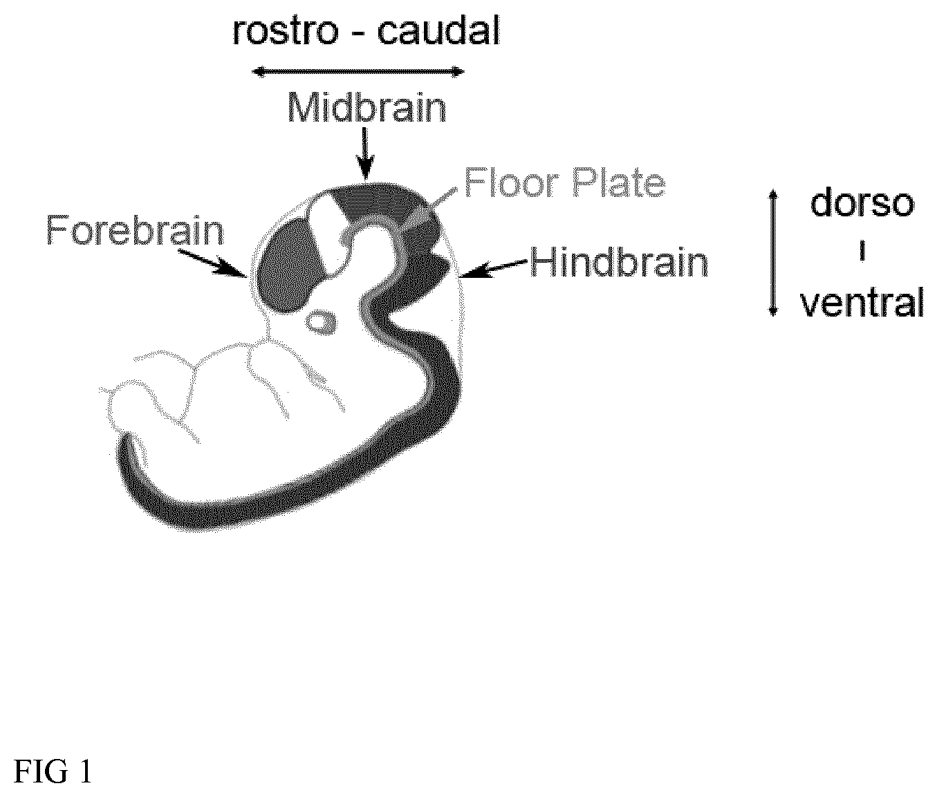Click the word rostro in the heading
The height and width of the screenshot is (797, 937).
pos(286,32)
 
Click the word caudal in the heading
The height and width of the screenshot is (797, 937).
pos(438,31)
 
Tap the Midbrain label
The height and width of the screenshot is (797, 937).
pos(367,107)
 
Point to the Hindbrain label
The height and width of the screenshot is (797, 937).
pos(619,262)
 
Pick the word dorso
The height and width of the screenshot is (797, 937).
pos(862,203)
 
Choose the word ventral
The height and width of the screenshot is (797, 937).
pos(862,302)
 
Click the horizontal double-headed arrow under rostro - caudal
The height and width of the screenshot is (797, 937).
pos(358,71)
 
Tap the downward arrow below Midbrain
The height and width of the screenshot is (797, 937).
pos(365,154)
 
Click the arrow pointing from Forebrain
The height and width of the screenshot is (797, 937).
pos(211,262)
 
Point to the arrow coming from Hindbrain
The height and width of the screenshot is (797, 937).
pos(494,268)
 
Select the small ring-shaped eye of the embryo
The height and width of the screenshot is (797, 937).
pos(321,323)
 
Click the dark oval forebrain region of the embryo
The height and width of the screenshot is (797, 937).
pos(290,265)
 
